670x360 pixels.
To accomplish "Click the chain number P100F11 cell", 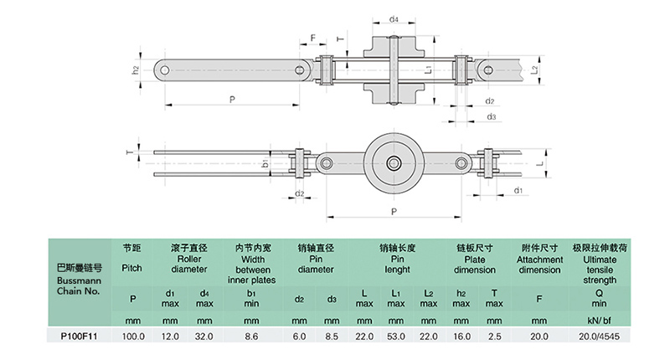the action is (79, 336).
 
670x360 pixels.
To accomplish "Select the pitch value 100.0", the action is (133, 336).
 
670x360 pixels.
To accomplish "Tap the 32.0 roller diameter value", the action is (204, 336).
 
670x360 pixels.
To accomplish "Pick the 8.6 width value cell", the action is (251, 336).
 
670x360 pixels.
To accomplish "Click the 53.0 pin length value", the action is (395, 336).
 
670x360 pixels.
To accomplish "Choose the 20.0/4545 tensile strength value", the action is (599, 336).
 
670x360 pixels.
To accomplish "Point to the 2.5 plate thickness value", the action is (494, 336).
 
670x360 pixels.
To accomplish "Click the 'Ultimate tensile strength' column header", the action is (600, 264).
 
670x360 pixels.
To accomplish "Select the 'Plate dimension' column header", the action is (474, 259).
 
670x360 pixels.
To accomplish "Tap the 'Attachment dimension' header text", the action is (539, 259).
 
